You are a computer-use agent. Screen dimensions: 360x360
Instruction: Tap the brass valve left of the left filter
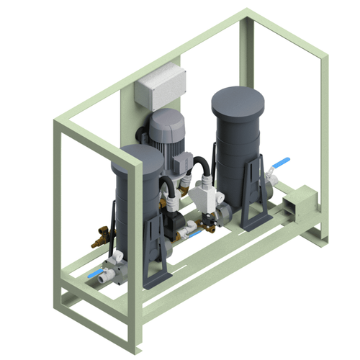pos(102,235)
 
